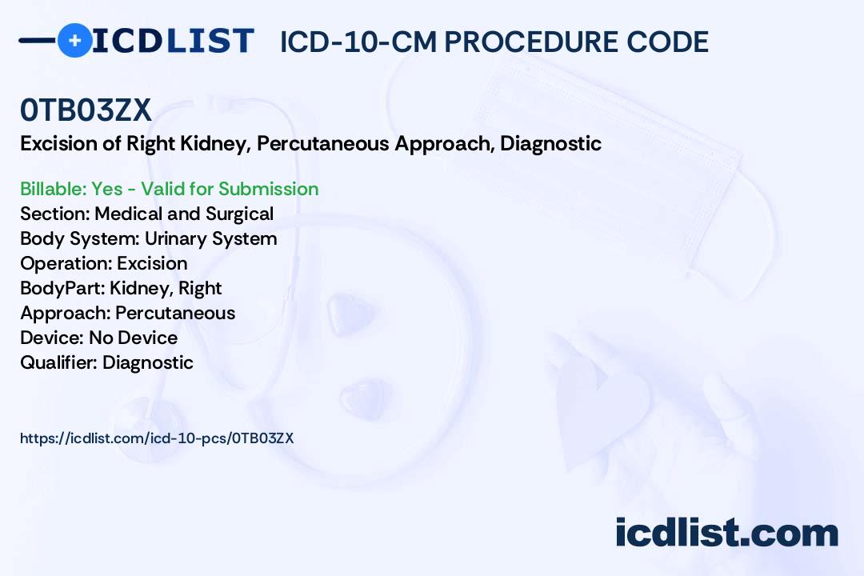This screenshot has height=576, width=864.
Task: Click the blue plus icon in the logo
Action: (x=74, y=40)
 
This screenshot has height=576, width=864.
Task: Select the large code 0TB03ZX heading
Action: (x=86, y=110)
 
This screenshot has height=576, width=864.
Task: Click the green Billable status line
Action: (x=169, y=189)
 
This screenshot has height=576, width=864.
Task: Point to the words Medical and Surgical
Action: (x=184, y=214)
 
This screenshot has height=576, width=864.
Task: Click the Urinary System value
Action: (x=210, y=238)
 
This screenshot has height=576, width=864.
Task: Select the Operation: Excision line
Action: (x=103, y=263)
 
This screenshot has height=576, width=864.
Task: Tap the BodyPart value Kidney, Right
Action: (x=166, y=288)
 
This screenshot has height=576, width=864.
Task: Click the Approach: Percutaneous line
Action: (x=128, y=313)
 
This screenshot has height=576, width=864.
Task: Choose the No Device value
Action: (x=134, y=338)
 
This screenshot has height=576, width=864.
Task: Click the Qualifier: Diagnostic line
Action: (x=106, y=362)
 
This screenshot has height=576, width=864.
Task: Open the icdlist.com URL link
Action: (x=157, y=438)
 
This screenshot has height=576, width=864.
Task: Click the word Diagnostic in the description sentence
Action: (x=550, y=143)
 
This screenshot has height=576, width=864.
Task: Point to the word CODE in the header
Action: (x=667, y=42)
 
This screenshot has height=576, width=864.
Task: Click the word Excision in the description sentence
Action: (x=59, y=143)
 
